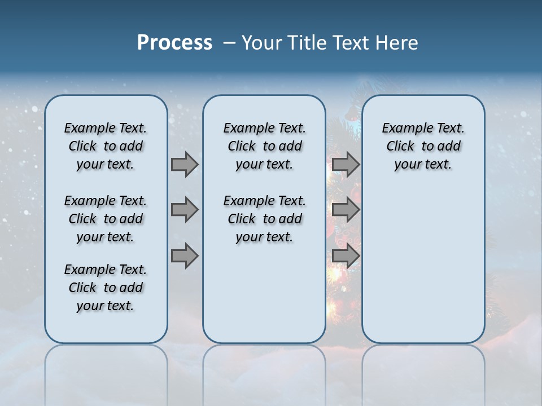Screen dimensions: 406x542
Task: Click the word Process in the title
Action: [174, 43]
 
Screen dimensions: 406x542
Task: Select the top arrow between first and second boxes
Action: [185, 164]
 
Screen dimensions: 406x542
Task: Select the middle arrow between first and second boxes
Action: [185, 210]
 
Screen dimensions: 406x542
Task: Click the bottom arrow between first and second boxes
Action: [185, 256]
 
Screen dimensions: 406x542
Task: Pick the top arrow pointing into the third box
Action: [346, 164]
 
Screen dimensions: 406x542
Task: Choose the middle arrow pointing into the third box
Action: [346, 210]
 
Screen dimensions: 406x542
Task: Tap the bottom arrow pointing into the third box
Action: [346, 256]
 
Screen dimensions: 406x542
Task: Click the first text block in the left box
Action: [106, 146]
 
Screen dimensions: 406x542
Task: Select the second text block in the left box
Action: [106, 219]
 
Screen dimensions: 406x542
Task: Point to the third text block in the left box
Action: [106, 288]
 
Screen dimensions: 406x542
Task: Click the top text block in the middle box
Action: [264, 146]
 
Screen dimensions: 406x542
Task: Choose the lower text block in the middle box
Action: [264, 219]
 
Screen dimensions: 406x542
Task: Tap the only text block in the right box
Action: [423, 146]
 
